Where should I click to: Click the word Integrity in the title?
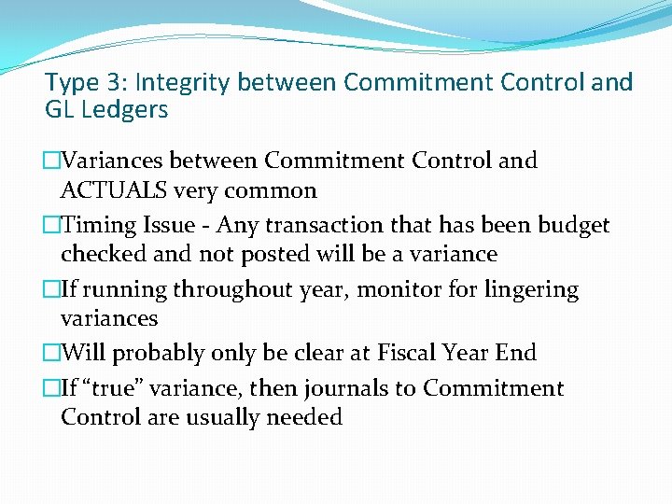click(x=186, y=82)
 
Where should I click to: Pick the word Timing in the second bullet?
click(x=93, y=225)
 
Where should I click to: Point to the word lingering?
click(x=531, y=289)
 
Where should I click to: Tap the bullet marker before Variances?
click(x=52, y=161)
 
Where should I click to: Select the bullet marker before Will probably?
click(x=52, y=353)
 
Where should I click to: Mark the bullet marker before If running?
click(x=52, y=289)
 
